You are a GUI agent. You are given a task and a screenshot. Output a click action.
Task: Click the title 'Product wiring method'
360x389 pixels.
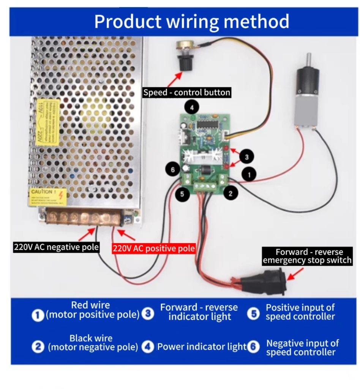191,22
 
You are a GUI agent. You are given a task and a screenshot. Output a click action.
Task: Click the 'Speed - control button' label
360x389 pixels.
186,92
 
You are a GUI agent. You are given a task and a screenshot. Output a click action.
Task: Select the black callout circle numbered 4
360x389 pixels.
192,108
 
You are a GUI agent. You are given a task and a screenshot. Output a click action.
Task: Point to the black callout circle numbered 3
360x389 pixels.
246,157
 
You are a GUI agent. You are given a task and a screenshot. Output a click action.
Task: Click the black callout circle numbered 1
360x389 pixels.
249,175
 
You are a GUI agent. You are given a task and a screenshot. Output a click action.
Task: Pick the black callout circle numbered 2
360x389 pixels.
230,193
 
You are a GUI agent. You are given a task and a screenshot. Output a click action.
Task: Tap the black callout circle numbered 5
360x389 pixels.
183,194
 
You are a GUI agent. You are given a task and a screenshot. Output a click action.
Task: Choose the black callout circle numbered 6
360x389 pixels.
173,169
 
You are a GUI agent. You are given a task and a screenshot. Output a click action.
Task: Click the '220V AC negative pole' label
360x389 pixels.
56,247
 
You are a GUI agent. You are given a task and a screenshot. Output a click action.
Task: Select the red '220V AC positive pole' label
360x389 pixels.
153,248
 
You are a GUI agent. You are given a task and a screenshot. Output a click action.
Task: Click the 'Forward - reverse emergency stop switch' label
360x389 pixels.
308,256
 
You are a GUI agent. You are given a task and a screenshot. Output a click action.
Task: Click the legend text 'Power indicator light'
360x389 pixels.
202,347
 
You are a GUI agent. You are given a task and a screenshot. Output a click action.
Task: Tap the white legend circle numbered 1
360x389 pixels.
38,315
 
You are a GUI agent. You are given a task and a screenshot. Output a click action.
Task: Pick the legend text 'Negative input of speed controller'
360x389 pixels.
302,348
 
